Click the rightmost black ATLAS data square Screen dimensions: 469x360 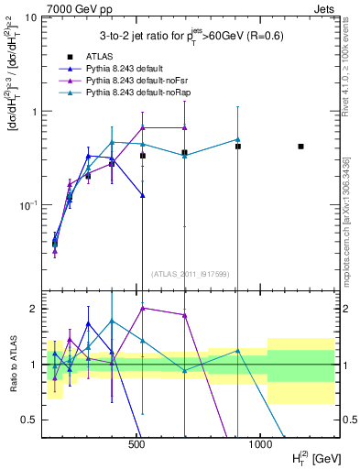pos(300,147)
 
